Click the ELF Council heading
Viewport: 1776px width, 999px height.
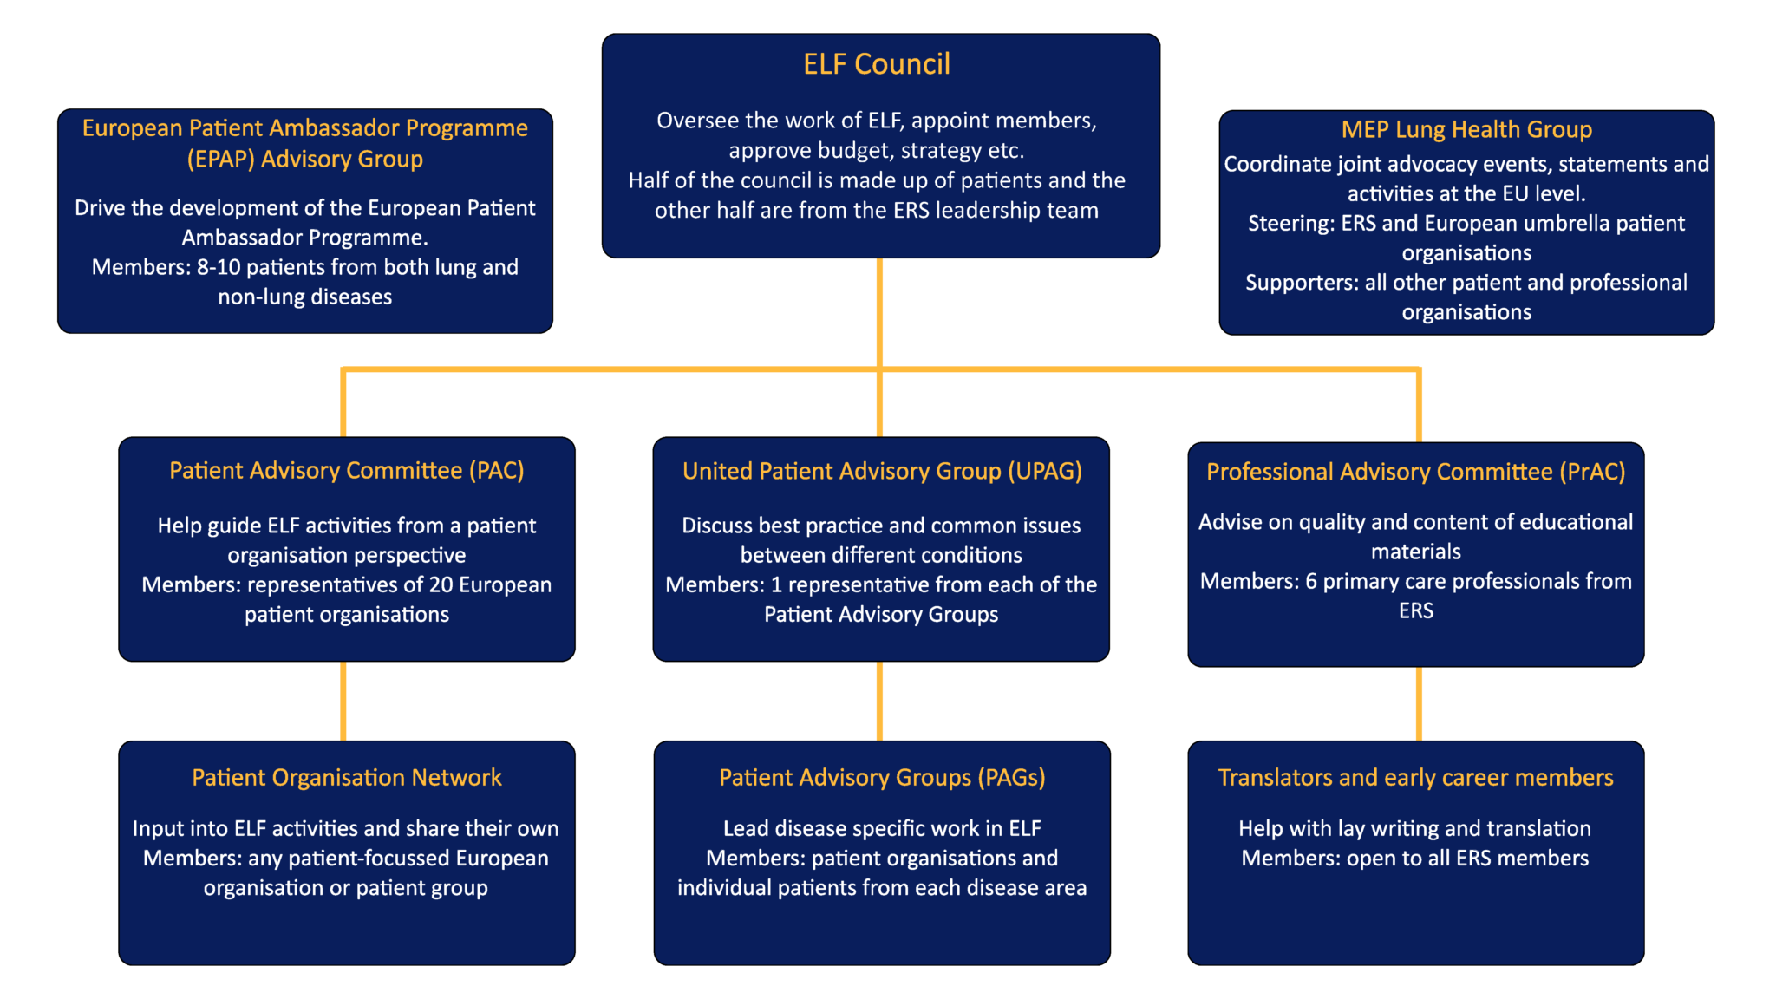pos(876,64)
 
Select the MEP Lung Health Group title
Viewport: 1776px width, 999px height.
pos(1466,129)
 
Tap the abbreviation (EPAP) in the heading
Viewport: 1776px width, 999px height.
pos(220,160)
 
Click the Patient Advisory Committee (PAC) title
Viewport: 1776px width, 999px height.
pos(346,470)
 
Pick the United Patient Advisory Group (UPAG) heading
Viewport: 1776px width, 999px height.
pos(881,471)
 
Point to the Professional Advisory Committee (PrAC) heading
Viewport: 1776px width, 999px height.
pos(1415,472)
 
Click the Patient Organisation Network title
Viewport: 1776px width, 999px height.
pos(346,777)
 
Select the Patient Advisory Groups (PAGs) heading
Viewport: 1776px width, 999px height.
pos(881,777)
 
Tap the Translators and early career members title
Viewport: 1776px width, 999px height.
pos(1415,777)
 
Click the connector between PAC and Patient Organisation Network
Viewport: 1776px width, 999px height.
pos(343,701)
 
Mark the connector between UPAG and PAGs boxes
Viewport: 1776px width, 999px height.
pos(879,701)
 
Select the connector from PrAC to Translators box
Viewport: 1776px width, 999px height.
pos(1419,702)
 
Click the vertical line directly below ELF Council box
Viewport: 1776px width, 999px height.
pos(879,312)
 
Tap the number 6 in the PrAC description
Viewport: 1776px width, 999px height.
pos(1311,581)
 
